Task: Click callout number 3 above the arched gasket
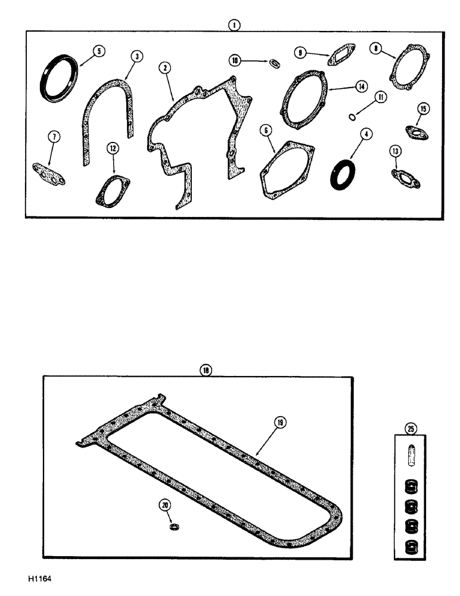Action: pos(137,56)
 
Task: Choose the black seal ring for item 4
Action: pos(342,173)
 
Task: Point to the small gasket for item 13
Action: pos(405,176)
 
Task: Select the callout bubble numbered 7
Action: pos(54,137)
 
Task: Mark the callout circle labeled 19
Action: pos(280,422)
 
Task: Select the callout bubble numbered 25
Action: pos(410,427)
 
